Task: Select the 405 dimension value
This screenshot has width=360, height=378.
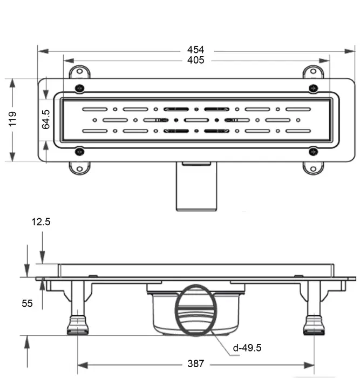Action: tap(195, 60)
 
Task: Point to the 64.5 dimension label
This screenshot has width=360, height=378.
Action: tap(46, 119)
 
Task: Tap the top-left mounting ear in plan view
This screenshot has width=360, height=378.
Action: tap(78, 72)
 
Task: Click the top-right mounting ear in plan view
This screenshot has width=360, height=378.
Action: tap(312, 72)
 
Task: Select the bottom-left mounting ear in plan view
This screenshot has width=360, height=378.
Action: tap(79, 168)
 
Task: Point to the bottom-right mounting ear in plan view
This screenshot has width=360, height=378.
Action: tap(312, 168)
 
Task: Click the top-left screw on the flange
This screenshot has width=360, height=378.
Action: tap(79, 89)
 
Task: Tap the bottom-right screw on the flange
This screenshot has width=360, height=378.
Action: tap(311, 151)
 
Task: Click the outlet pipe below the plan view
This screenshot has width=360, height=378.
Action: tap(196, 189)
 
